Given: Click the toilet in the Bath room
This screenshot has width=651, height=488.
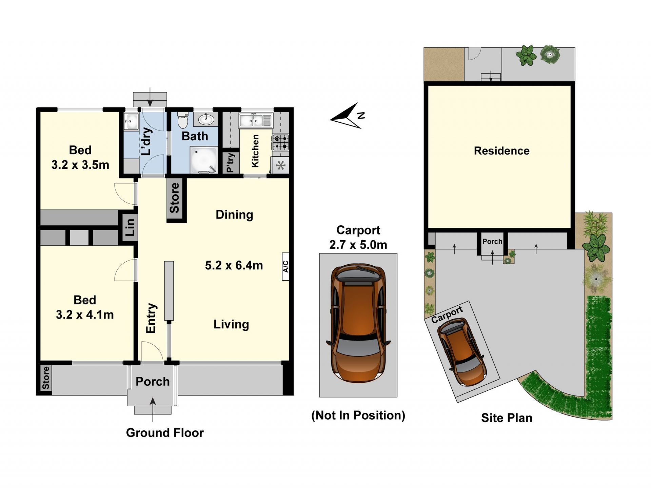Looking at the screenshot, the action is click(182, 120).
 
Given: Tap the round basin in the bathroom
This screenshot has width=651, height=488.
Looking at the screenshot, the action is click(206, 119).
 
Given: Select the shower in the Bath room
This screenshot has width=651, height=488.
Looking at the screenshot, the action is click(203, 160).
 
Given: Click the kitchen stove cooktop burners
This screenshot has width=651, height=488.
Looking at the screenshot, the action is click(281, 143).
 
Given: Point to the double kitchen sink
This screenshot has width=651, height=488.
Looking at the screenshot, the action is click(255, 120).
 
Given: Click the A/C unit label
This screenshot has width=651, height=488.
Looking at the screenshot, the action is click(286, 266).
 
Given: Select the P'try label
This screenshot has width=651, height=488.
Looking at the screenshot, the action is click(231, 163).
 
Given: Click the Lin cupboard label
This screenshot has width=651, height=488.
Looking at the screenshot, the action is click(130, 227).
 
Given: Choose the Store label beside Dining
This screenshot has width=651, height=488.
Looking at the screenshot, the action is click(174, 198).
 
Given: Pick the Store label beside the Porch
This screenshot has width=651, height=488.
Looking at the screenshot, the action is click(45, 378).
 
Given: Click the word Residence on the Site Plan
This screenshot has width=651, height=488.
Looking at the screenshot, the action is click(501, 151).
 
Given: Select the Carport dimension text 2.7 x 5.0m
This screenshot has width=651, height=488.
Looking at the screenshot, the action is click(358, 245).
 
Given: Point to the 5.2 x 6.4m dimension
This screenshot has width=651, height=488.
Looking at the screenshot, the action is click(234, 265).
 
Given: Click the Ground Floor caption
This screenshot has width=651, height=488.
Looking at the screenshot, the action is click(165, 433).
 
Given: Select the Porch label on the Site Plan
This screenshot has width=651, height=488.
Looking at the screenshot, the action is click(492, 241).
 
